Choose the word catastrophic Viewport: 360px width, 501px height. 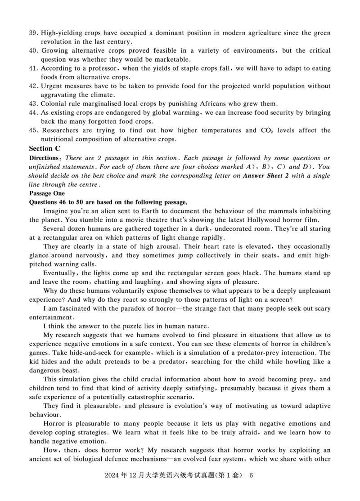tap(148, 397)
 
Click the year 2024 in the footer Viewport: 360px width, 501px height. tap(110, 488)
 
